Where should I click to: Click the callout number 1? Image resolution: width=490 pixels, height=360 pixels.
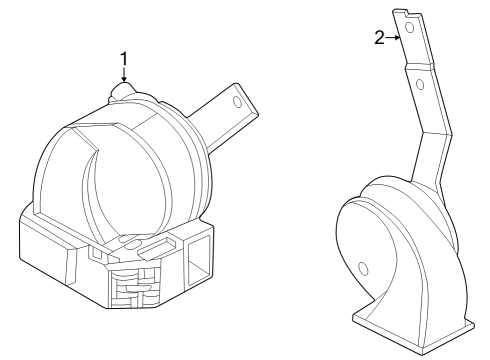[x=124, y=58]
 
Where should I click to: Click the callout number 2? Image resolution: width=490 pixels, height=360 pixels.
[x=380, y=37]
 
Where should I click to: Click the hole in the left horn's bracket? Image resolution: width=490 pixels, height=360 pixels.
[x=237, y=100]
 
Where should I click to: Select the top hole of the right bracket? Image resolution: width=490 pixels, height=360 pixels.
[x=411, y=31]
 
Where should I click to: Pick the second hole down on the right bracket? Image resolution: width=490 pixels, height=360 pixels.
[x=420, y=85]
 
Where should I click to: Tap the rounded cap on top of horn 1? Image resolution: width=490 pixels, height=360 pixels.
[x=124, y=91]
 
